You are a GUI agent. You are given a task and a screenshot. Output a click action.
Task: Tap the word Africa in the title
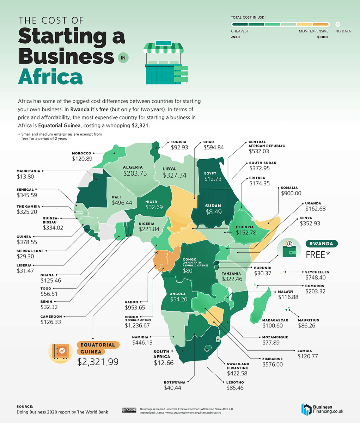click(50, 76)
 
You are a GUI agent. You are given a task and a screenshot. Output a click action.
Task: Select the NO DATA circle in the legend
click(338, 24)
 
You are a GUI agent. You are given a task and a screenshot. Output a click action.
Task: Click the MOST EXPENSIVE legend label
click(313, 31)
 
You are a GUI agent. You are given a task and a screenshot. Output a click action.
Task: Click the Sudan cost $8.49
click(213, 212)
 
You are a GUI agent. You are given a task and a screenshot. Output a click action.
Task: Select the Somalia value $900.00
click(291, 194)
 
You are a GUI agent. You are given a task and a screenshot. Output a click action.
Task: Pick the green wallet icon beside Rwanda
click(291, 249)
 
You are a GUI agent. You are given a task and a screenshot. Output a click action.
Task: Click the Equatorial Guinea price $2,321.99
click(98, 361)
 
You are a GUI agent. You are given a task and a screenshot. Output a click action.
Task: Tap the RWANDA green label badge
click(322, 244)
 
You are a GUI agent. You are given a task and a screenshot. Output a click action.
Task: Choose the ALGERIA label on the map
click(133, 167)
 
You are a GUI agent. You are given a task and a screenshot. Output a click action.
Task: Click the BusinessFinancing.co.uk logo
click(322, 409)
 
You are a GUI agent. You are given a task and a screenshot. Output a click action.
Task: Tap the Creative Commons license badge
click(129, 410)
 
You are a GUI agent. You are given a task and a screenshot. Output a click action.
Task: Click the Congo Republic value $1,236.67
click(139, 325)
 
